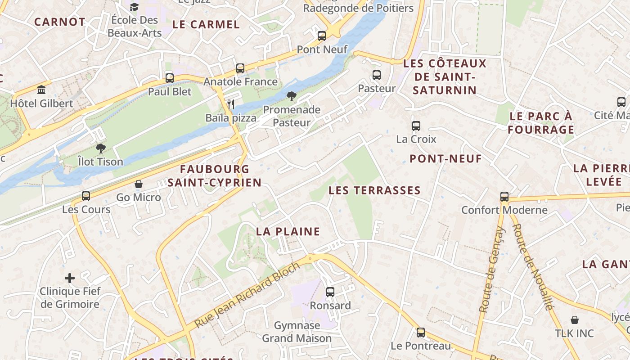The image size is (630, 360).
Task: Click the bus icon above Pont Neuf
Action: pyautogui.click(x=322, y=36)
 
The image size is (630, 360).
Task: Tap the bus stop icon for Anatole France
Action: pyautogui.click(x=240, y=68)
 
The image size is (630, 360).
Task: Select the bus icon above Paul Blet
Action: pyautogui.click(x=170, y=78)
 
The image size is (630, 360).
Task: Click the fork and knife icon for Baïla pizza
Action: pyautogui.click(x=231, y=104)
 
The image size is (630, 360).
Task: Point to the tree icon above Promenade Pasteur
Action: pyautogui.click(x=292, y=96)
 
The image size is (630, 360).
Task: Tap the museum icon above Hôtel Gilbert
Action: pyautogui.click(x=42, y=90)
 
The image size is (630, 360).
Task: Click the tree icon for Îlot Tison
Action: pyautogui.click(x=100, y=148)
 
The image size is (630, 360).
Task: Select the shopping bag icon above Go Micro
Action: pyautogui.click(x=139, y=184)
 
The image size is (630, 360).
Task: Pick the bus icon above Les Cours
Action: pyautogui.click(x=86, y=196)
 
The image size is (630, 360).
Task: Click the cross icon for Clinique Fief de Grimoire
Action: pyautogui.click(x=70, y=278)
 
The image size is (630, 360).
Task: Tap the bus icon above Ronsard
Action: pyautogui.click(x=330, y=292)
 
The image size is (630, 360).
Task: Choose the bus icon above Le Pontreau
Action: pyautogui.click(x=421, y=333)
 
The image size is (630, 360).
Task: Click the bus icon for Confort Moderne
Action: pyautogui.click(x=504, y=197)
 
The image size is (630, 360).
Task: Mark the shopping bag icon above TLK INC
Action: pyautogui.click(x=574, y=320)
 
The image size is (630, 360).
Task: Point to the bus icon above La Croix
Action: pyautogui.click(x=416, y=126)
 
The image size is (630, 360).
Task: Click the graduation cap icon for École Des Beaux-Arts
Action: pyautogui.click(x=134, y=7)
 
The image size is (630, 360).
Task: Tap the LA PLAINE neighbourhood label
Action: pyautogui.click(x=288, y=232)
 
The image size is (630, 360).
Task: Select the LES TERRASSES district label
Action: pyautogui.click(x=374, y=190)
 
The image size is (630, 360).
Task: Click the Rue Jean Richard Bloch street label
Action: pyautogui.click(x=247, y=295)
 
